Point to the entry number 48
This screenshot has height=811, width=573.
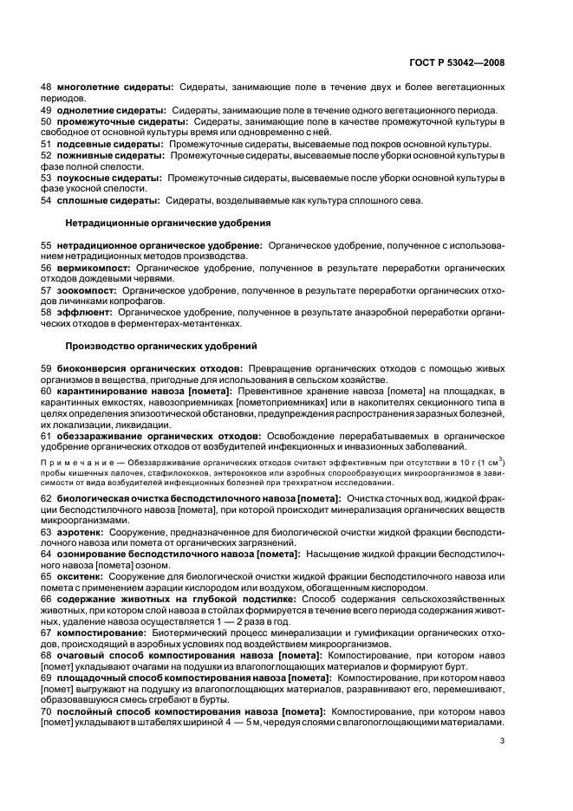click(x=47, y=88)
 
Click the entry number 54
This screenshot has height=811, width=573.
click(x=47, y=201)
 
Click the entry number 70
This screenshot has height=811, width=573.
click(x=47, y=710)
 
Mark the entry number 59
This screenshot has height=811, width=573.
click(x=47, y=369)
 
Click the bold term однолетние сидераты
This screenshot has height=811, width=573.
click(x=110, y=111)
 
